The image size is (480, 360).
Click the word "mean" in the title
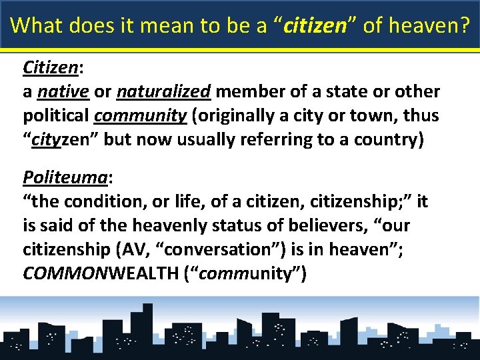[162, 25]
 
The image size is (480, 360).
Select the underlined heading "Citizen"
[51, 67]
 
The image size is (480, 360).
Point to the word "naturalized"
[163, 91]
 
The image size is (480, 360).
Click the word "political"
[56, 115]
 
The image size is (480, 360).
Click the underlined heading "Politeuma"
[64, 177]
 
